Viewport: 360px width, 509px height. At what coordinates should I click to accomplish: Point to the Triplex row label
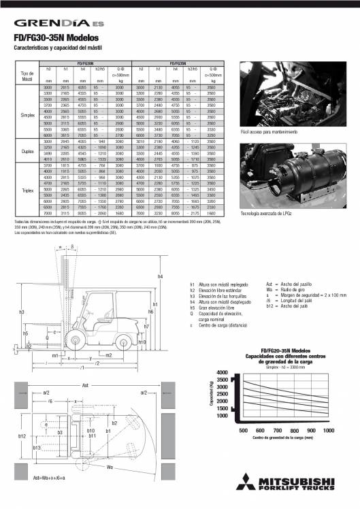coord(28,190)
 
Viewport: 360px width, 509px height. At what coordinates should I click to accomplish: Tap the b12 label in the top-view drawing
coord(22,436)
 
